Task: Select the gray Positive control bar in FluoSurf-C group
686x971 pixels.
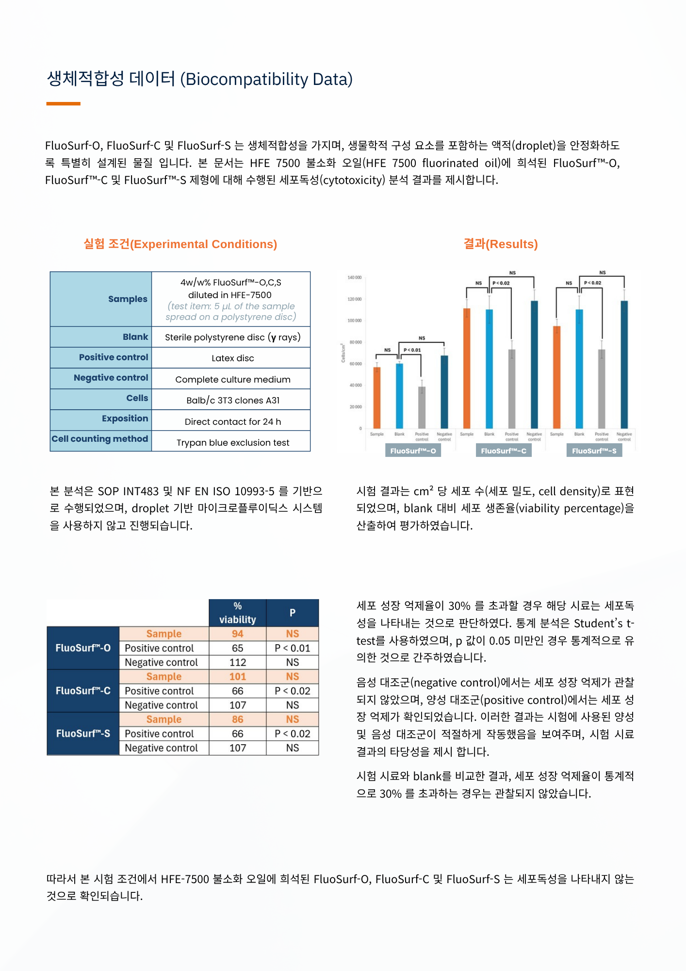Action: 512,388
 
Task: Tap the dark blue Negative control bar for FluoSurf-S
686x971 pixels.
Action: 624,364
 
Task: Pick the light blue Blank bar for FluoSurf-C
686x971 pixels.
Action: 489,369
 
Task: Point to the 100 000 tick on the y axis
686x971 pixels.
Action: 355,320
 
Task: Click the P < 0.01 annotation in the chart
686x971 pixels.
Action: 412,350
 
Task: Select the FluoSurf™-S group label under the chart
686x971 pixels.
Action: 594,451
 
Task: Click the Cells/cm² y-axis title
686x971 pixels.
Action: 343,353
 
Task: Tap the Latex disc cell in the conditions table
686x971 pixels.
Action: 232,358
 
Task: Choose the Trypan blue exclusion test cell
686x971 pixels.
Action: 232,443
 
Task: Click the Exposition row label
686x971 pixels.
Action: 125,419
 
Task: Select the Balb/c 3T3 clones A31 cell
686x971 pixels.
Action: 232,401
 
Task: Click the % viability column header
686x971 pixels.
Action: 237,613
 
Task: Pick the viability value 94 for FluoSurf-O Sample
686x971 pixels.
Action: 237,634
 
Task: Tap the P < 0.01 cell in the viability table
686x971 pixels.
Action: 292,648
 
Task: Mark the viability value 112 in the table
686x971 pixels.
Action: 237,662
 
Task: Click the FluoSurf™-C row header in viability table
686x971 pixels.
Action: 83,691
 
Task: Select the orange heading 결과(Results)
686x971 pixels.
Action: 500,244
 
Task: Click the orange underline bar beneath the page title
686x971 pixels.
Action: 63,103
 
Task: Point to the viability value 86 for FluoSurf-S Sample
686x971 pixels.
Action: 237,720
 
